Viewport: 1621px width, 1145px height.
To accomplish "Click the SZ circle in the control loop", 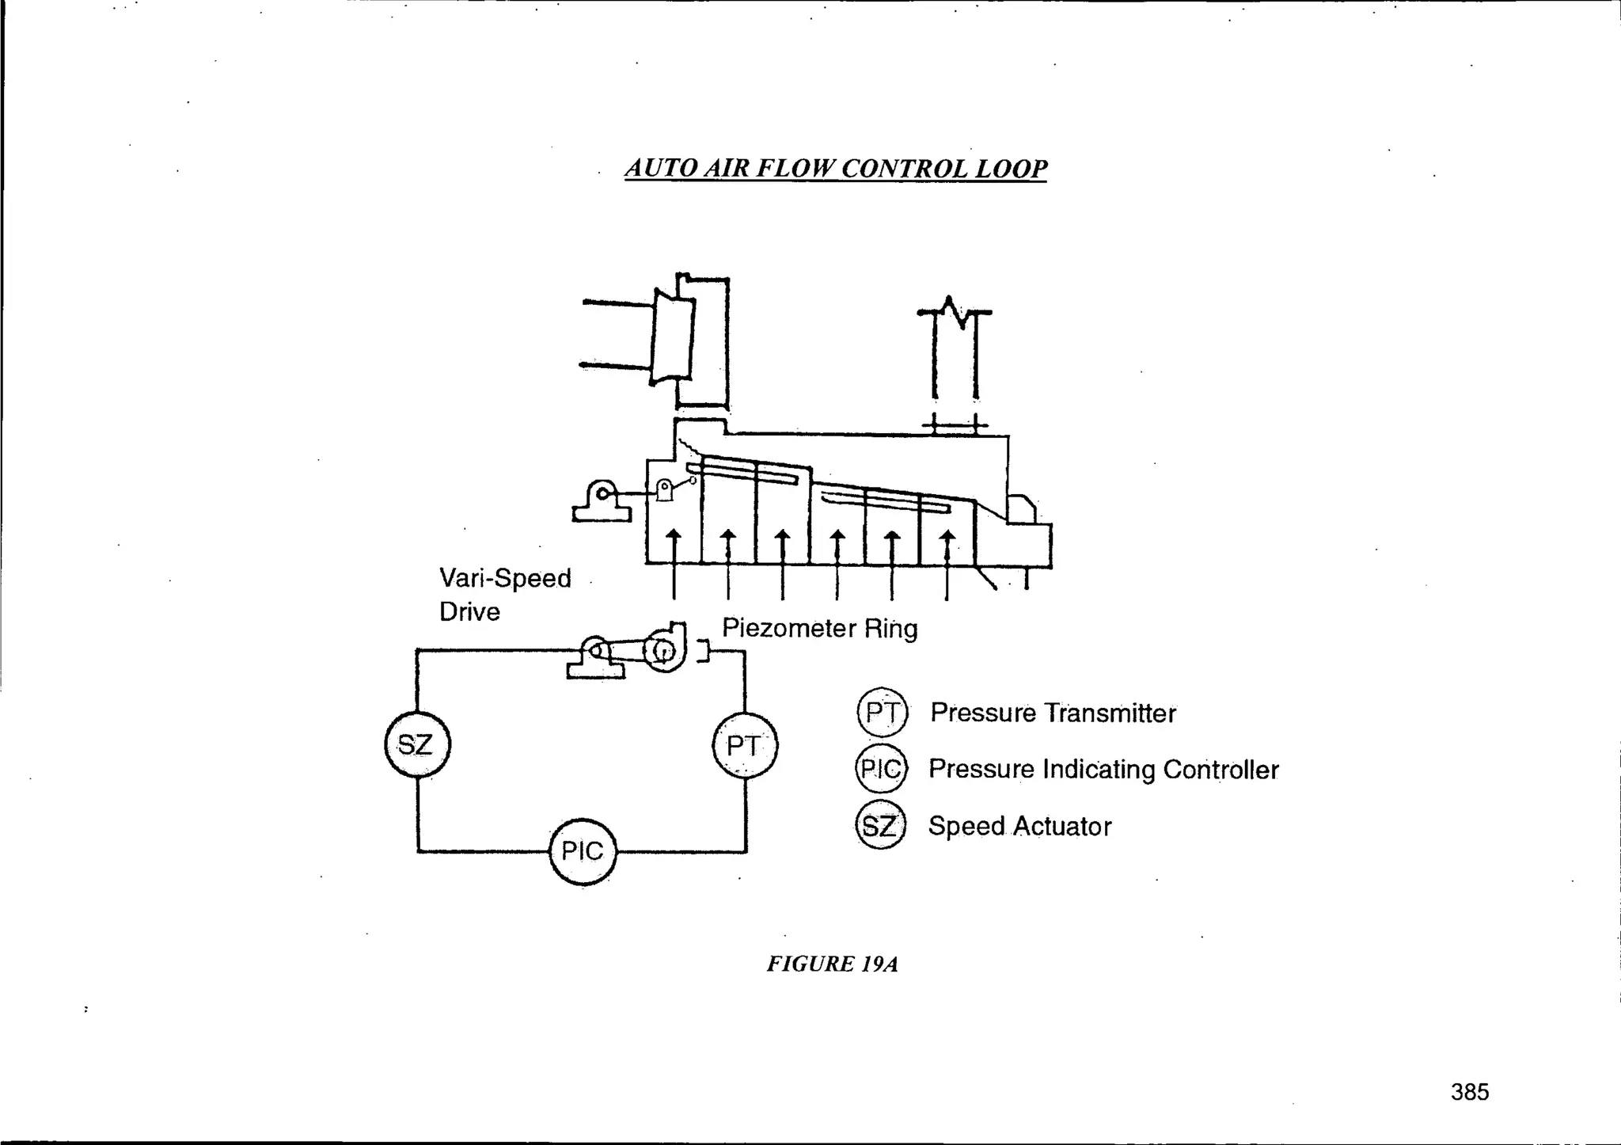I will click(x=417, y=745).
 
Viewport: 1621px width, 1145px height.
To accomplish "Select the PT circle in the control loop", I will click(x=745, y=746).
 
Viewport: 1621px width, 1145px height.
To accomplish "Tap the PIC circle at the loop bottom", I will click(x=583, y=851).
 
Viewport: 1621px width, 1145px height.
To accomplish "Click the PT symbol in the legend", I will click(x=882, y=713).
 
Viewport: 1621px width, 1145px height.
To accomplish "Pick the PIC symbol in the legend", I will click(x=881, y=769).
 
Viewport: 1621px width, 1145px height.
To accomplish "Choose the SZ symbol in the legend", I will click(x=879, y=827).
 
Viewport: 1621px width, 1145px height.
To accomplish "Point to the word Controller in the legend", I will click(x=1220, y=770).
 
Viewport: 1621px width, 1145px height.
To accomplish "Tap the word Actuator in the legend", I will click(x=1062, y=827).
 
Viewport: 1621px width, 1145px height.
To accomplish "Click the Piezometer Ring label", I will click(x=819, y=629).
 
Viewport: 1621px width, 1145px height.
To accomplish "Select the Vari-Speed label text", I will click(x=505, y=578).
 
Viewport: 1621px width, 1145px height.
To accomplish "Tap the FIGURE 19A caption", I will click(x=832, y=964).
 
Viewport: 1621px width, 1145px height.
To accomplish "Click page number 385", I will click(x=1470, y=1092).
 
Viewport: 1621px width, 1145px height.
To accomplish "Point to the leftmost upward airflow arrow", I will click(x=674, y=546).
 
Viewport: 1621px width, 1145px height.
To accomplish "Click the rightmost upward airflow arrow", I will click(x=947, y=546).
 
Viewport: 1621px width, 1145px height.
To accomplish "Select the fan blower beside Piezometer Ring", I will click(x=663, y=650).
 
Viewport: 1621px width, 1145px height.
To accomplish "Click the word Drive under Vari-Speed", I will click(x=469, y=612).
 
